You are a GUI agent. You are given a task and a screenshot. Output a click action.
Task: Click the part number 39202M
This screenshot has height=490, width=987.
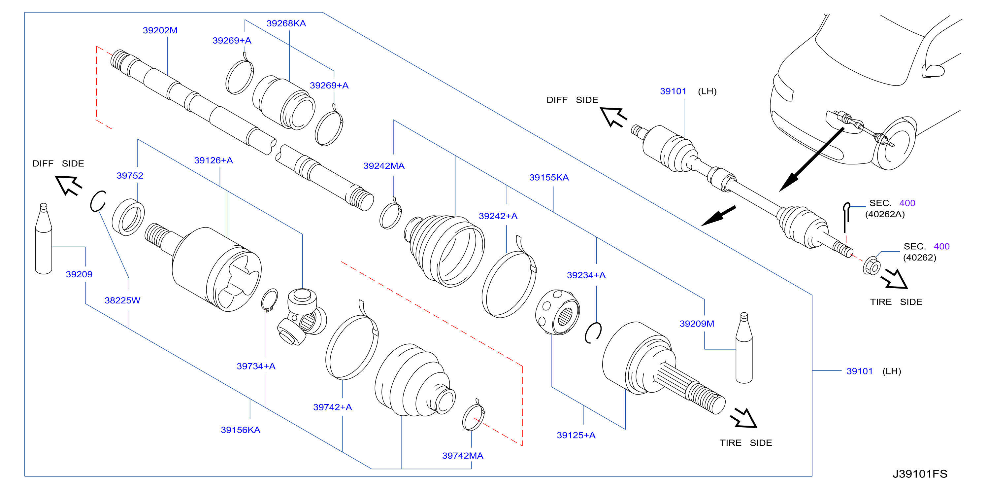click(x=160, y=30)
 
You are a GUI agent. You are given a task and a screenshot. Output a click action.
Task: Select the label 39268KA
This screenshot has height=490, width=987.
click(x=286, y=23)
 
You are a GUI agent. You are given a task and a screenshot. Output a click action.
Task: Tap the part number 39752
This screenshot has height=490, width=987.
click(x=130, y=176)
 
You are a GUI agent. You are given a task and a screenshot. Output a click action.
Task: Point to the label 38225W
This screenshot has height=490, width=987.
click(x=123, y=300)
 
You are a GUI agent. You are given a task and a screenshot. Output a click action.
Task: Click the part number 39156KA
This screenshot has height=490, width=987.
click(x=241, y=430)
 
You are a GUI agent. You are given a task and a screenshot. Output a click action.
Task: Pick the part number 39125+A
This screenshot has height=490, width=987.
click(x=576, y=435)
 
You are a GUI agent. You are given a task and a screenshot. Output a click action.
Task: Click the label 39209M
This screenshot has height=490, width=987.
click(x=697, y=324)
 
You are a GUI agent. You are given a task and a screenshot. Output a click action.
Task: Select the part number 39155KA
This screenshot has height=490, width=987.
click(x=549, y=178)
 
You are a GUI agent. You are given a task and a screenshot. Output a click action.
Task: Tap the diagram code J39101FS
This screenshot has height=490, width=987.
click(x=920, y=474)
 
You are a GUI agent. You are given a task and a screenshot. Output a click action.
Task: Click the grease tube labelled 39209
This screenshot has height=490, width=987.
click(x=44, y=238)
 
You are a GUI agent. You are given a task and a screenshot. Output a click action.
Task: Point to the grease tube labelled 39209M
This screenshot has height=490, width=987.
click(x=744, y=348)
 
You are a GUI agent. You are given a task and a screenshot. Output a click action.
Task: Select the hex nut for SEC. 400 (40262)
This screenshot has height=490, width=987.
click(x=872, y=266)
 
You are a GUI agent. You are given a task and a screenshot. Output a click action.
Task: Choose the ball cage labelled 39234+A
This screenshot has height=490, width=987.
click(x=557, y=312)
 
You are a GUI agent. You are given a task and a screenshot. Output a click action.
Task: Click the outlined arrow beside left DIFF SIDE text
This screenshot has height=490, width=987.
click(x=69, y=185)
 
